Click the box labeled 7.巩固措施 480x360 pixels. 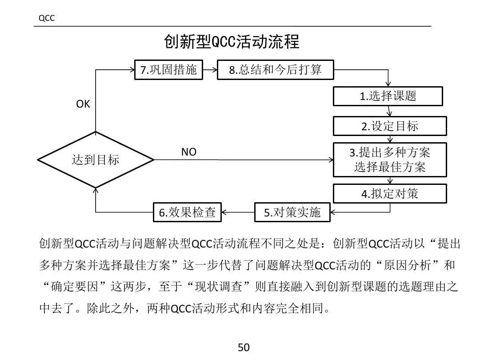168,70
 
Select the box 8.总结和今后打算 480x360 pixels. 275,70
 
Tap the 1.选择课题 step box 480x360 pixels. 388,96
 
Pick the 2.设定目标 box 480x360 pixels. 390,126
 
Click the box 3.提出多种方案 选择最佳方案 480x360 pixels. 390,160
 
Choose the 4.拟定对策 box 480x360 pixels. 390,194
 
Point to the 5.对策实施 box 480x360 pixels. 292,212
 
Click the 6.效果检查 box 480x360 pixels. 187,212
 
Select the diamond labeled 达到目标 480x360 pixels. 96,160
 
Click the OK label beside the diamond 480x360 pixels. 83,104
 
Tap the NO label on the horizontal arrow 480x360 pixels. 188,152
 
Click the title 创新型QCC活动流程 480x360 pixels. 232,42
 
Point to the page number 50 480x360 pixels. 244,347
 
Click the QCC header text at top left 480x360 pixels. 46,18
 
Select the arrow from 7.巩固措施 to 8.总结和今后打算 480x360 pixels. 210,69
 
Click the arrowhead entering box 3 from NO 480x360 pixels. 330,160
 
